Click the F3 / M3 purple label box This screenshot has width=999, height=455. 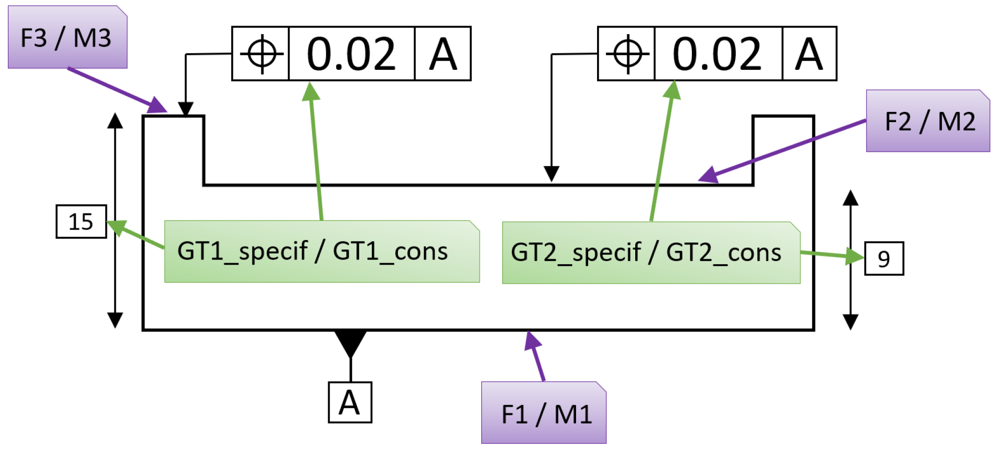pyautogui.click(x=67, y=38)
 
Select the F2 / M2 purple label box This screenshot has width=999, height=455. pyautogui.click(x=928, y=121)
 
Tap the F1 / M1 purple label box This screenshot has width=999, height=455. pyautogui.click(x=544, y=413)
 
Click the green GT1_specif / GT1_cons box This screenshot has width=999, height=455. pyautogui.click(x=322, y=252)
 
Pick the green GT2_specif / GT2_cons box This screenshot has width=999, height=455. pyautogui.click(x=651, y=253)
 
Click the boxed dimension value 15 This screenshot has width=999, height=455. pyautogui.click(x=81, y=221)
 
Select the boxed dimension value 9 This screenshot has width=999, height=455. pyautogui.click(x=884, y=259)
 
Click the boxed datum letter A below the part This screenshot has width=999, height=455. pyautogui.click(x=350, y=403)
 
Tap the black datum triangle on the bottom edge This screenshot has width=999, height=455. pyautogui.click(x=350, y=342)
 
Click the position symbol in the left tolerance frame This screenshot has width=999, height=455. pyautogui.click(x=261, y=54)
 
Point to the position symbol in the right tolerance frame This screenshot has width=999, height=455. pyautogui.click(x=627, y=54)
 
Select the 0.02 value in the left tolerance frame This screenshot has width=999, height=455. pyautogui.click(x=351, y=54)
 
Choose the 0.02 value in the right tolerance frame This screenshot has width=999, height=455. pyautogui.click(x=718, y=54)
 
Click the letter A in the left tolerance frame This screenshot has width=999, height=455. pyautogui.click(x=443, y=54)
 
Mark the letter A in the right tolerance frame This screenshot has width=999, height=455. pyautogui.click(x=809, y=54)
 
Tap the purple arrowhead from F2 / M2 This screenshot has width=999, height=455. pyautogui.click(x=708, y=175)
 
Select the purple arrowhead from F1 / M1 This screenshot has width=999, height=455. pyautogui.click(x=532, y=340)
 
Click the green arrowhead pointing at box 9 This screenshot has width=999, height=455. pyautogui.click(x=854, y=256)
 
